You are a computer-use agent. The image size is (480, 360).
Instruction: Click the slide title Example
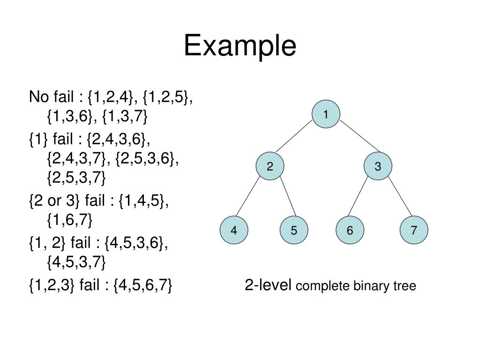point(240,46)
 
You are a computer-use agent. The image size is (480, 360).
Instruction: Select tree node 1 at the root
point(325,114)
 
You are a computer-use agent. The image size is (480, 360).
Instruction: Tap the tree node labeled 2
point(270,166)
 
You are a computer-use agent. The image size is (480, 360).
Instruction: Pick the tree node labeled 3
point(378,166)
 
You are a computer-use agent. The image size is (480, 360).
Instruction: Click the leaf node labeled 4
point(234,231)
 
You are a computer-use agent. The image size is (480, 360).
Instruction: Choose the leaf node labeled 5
point(293,231)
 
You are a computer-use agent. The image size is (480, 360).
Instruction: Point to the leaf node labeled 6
point(350,231)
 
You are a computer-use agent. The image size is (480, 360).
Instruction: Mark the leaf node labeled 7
point(414,231)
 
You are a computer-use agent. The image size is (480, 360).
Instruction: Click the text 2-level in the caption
point(268,285)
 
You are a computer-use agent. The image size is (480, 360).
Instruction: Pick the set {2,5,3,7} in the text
point(76,178)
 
